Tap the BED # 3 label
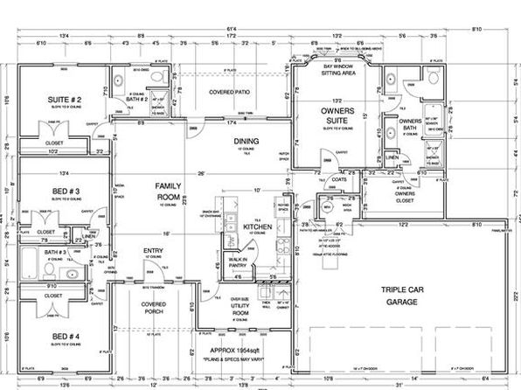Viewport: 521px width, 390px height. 63,190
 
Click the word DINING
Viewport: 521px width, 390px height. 244,141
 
